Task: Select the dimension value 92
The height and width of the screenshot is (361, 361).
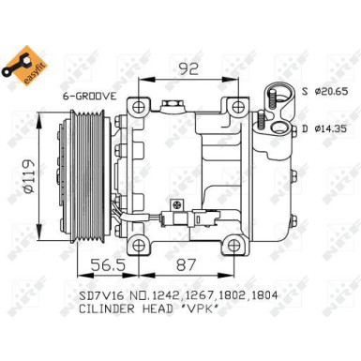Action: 190,67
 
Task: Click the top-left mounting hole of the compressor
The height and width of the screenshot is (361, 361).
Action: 141,104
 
